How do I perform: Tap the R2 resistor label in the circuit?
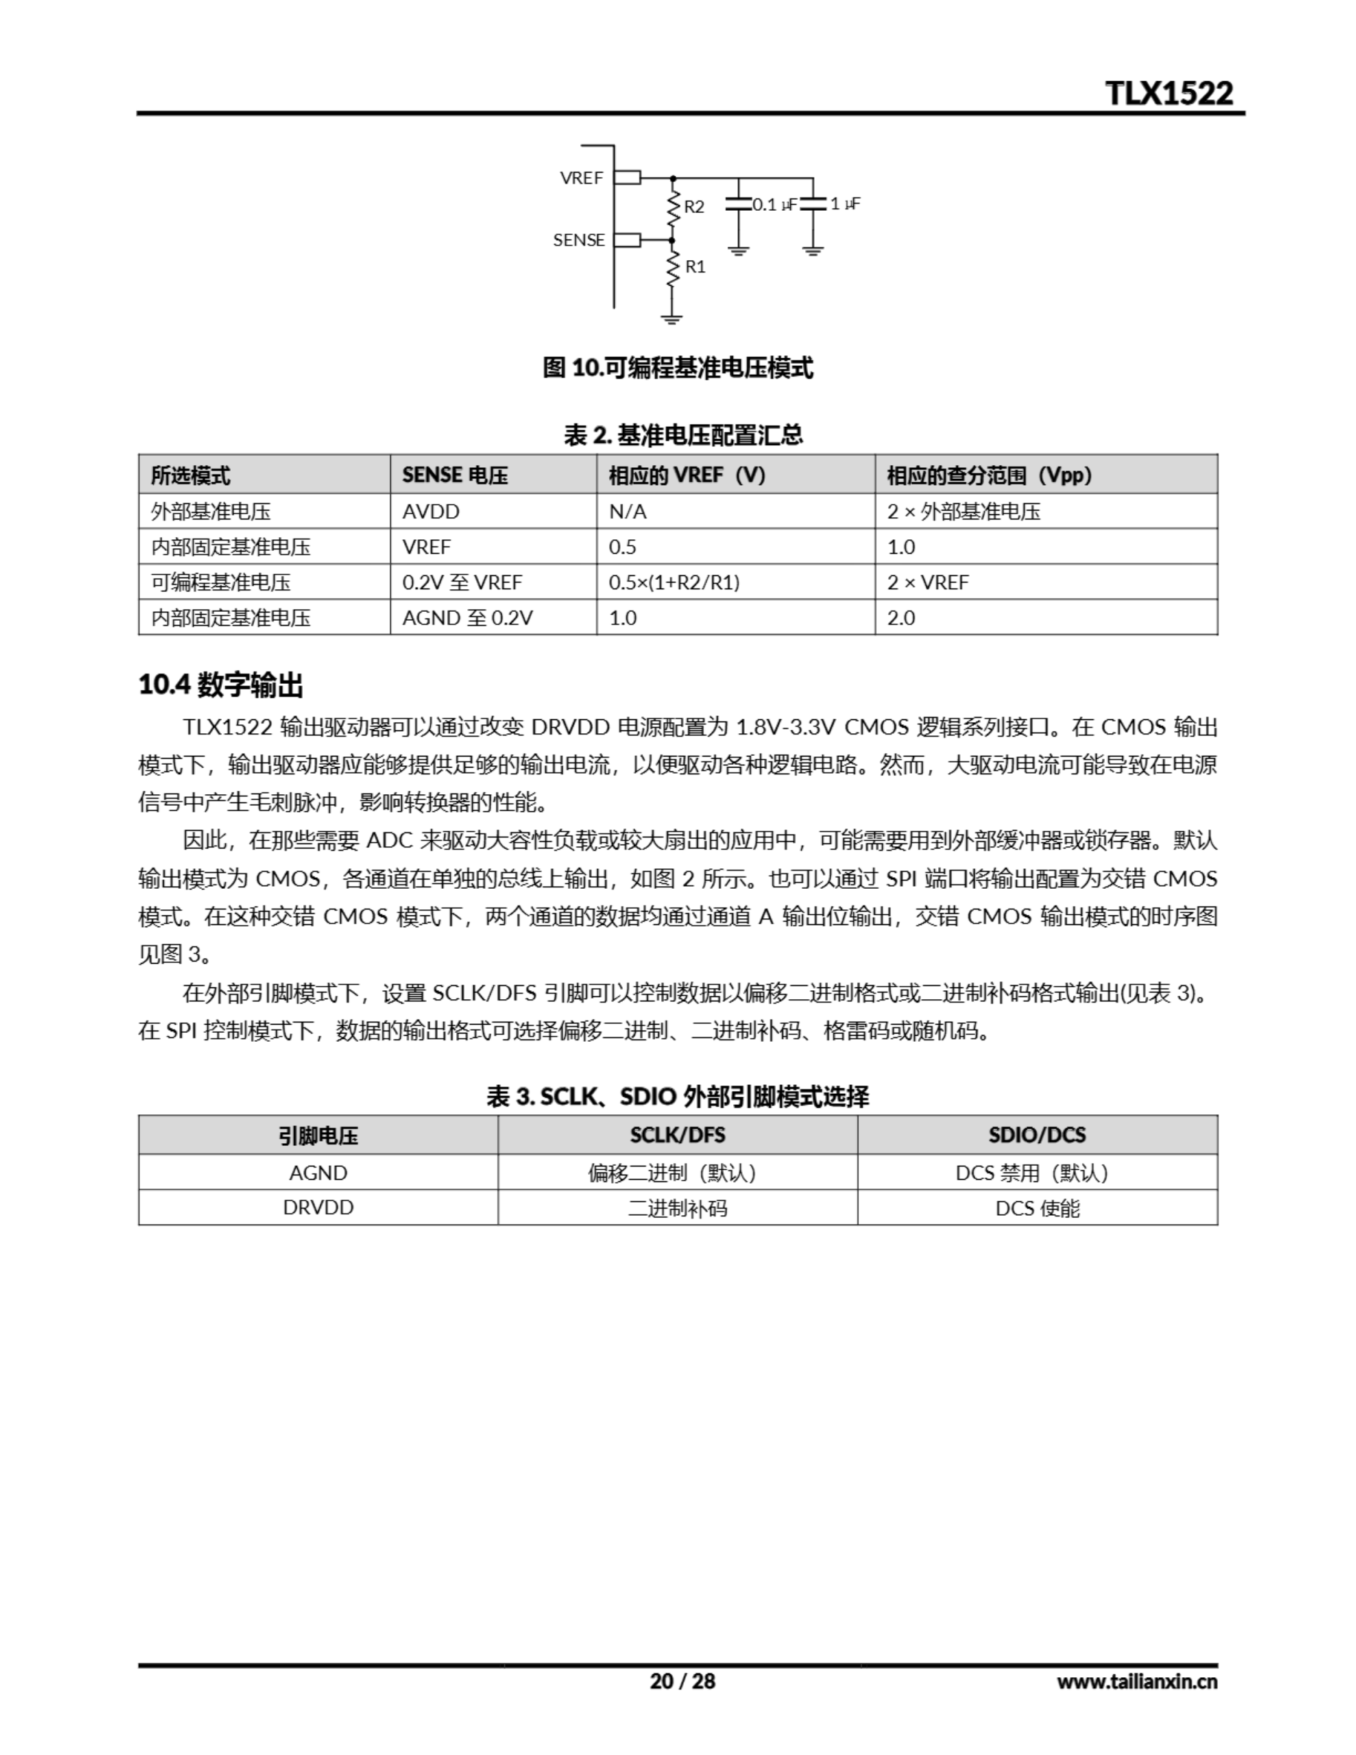[694, 206]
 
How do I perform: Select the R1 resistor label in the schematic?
[694, 267]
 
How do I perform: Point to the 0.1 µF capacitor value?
[775, 205]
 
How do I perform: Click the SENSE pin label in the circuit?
[579, 240]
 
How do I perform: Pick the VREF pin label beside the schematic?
[581, 178]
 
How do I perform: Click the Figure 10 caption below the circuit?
[677, 368]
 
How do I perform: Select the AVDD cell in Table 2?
[431, 512]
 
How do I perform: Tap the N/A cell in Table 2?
[627, 512]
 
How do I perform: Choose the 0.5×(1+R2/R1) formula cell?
[674, 583]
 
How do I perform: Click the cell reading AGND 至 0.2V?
[467, 618]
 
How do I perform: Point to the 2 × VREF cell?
[928, 583]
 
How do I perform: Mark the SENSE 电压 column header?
[455, 475]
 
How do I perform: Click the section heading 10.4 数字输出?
[221, 686]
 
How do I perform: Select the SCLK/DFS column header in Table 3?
[677, 1135]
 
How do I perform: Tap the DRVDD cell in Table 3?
[318, 1208]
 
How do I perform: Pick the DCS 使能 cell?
[1037, 1208]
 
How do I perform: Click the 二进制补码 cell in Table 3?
[677, 1208]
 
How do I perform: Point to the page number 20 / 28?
[682, 1681]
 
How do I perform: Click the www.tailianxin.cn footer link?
[1137, 1681]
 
